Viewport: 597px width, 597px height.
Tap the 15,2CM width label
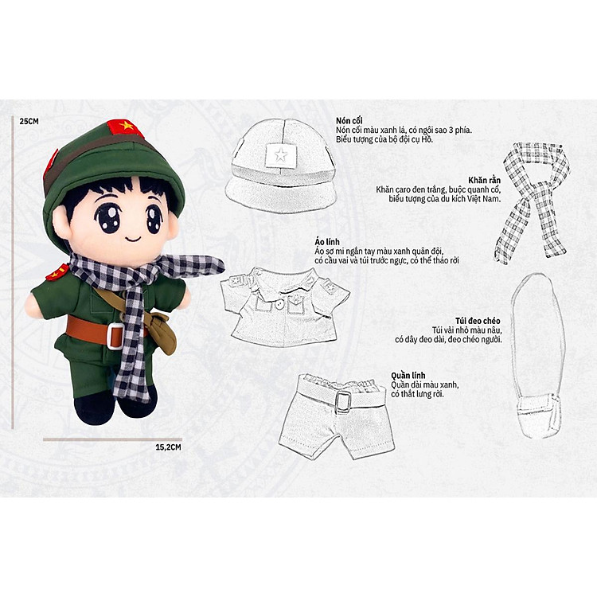(169, 447)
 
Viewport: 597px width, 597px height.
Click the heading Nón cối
(352, 120)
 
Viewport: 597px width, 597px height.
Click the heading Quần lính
(408, 375)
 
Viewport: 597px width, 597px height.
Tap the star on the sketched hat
(279, 154)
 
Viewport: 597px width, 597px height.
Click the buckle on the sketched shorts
(343, 401)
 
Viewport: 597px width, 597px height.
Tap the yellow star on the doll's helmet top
(125, 127)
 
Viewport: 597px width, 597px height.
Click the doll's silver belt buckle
(116, 336)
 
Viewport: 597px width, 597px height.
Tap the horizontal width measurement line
(112, 439)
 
